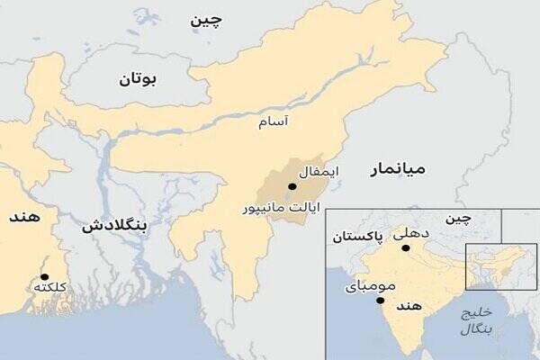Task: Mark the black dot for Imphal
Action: (x=291, y=186)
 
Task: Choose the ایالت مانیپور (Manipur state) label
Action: (x=281, y=208)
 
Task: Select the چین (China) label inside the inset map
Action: (x=459, y=220)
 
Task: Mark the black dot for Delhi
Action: (x=406, y=247)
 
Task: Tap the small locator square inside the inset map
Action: (x=488, y=266)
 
